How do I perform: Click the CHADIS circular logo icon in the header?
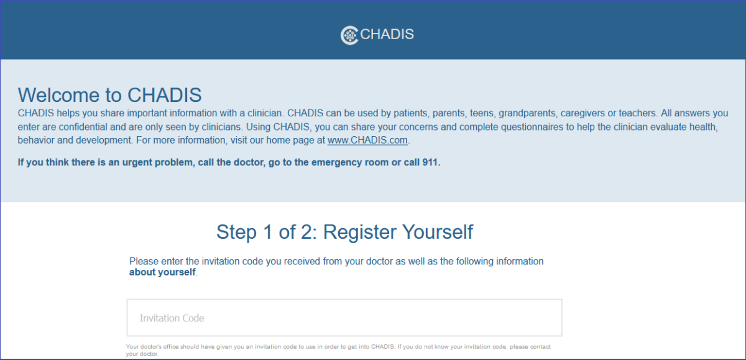pyautogui.click(x=349, y=35)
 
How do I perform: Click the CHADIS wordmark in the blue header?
pyautogui.click(x=387, y=34)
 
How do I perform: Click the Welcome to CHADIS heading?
pyautogui.click(x=109, y=95)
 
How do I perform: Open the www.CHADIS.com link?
pyautogui.click(x=367, y=140)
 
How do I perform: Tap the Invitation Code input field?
pyautogui.click(x=344, y=318)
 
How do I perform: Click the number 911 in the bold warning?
pyautogui.click(x=430, y=162)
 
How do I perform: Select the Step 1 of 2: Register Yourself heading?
pyautogui.click(x=344, y=232)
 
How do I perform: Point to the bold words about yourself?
pyautogui.click(x=162, y=272)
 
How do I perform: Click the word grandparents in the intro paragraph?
pyautogui.click(x=527, y=113)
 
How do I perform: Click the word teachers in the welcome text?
pyautogui.click(x=637, y=113)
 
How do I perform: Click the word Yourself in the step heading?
pyautogui.click(x=438, y=232)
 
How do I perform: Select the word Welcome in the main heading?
pyautogui.click(x=59, y=95)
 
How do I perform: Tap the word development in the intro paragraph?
pyautogui.click(x=104, y=140)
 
